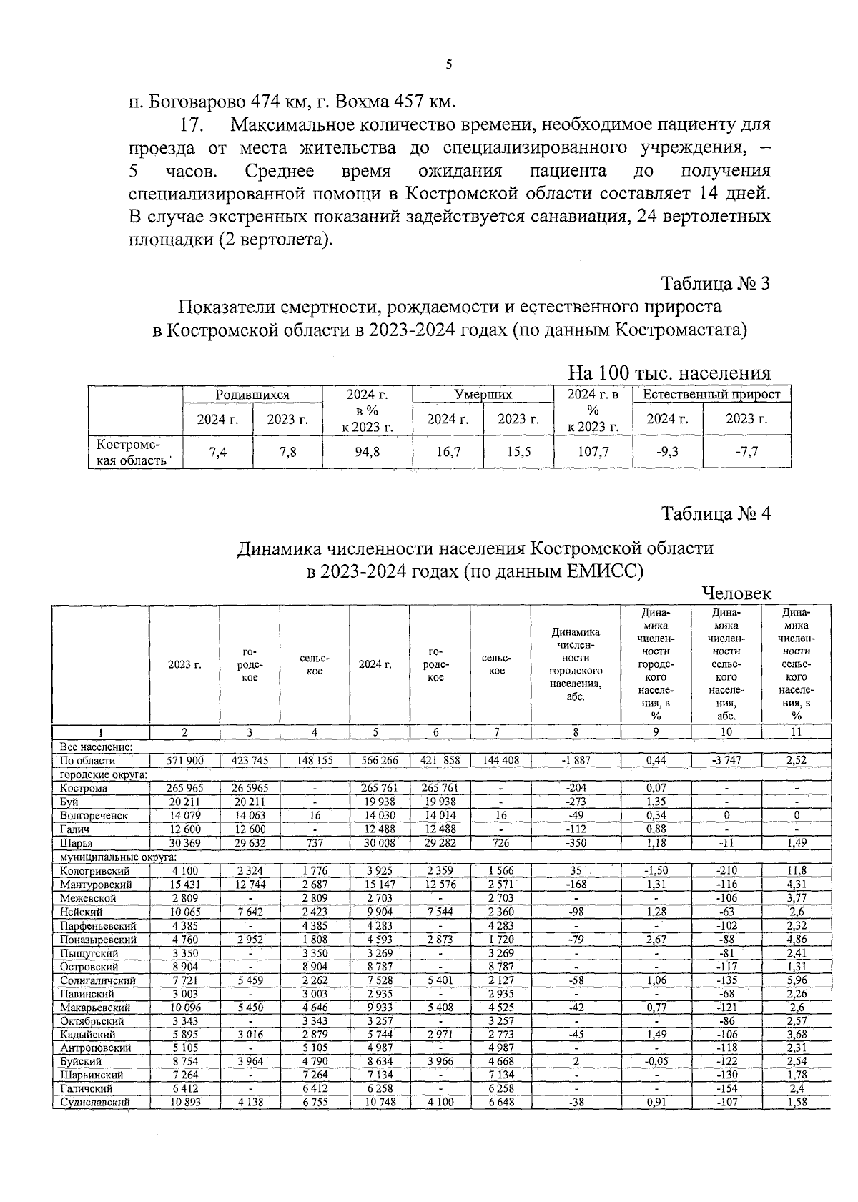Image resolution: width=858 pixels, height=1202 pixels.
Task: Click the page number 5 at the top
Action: pos(449,64)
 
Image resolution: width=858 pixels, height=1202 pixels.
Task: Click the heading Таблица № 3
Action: pos(716,283)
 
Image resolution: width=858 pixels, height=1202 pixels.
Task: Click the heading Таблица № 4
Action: pos(716,513)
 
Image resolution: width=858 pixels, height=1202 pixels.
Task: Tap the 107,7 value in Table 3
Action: pos(593,452)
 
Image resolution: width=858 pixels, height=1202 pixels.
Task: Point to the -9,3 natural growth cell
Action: pos(667,452)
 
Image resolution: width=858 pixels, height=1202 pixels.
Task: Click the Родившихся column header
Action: pos(252,395)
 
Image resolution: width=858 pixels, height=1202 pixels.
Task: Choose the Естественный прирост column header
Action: pos(711,395)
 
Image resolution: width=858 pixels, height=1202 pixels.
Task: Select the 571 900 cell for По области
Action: pos(184,761)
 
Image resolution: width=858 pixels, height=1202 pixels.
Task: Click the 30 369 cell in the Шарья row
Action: pos(184,843)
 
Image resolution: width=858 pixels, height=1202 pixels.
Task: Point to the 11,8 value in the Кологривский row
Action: pos(797,870)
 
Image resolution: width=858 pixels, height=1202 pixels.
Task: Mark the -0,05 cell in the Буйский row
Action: pos(656,1061)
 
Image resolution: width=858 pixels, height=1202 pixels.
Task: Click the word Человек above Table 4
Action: pos(736,593)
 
